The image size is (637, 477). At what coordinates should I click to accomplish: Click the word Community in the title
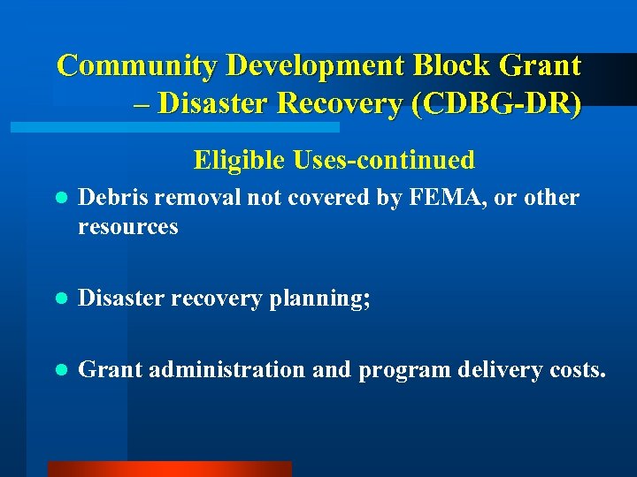pyautogui.click(x=138, y=65)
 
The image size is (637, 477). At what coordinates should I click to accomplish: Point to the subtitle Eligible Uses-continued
pyautogui.click(x=334, y=160)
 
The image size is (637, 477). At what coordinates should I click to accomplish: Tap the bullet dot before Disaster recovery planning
pyautogui.click(x=59, y=299)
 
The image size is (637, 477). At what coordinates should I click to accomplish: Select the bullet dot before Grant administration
pyautogui.click(x=59, y=370)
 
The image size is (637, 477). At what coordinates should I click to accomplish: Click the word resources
pyautogui.click(x=128, y=227)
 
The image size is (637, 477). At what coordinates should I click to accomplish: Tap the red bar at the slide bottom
pyautogui.click(x=168, y=469)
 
